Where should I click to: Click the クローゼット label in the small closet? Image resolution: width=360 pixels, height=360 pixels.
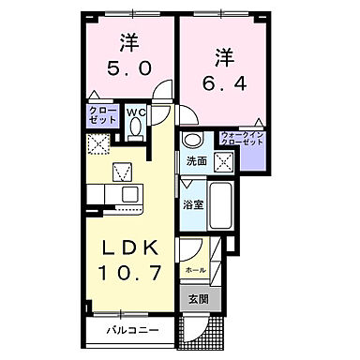[x=104, y=116]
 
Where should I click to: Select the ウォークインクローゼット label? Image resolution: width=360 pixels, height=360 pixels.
[x=241, y=139]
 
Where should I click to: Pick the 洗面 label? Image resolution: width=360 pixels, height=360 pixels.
[x=196, y=160]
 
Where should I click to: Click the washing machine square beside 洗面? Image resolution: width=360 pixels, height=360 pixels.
[x=222, y=160]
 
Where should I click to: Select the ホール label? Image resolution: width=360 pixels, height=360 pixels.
[x=195, y=270]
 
